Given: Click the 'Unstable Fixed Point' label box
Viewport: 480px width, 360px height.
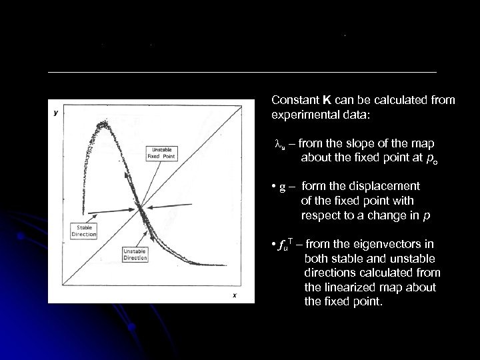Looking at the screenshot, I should coord(160,153).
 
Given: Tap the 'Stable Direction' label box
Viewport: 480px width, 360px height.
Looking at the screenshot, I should coord(84,231).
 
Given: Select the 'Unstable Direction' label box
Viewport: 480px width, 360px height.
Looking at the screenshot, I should coord(135,253).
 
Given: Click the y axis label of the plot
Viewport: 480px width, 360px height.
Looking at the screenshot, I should coord(55,113).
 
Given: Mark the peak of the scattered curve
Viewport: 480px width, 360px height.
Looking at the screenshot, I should coord(103,123).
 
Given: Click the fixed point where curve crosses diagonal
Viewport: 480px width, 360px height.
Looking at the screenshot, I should coord(143,211).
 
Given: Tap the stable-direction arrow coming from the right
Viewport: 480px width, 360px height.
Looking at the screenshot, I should coord(170,201).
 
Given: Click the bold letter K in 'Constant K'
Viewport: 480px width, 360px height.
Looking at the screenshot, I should coord(327,100).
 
